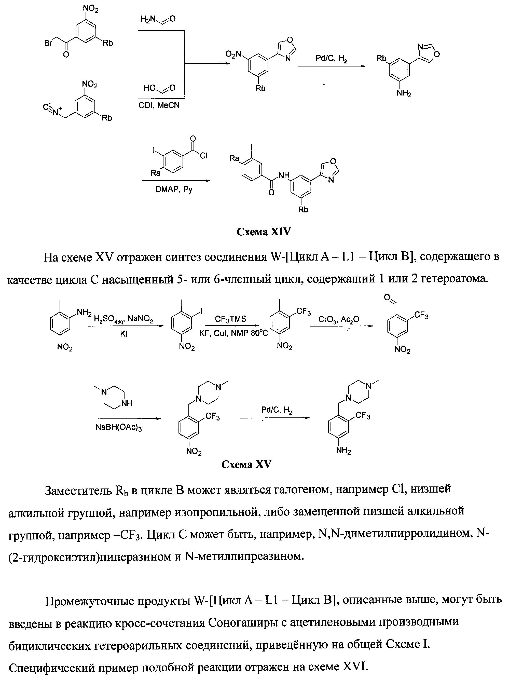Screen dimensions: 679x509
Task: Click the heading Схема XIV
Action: [x=263, y=232]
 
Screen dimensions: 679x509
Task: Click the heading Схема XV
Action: [x=246, y=465]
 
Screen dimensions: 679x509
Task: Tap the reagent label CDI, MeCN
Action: [x=159, y=105]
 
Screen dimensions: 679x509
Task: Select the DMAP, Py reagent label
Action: [x=174, y=189]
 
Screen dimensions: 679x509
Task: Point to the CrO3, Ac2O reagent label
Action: [x=338, y=319]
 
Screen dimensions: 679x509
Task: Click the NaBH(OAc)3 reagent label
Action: [x=118, y=428]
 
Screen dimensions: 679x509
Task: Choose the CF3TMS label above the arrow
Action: [x=230, y=319]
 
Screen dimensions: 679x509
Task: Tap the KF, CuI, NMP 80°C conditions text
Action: [x=233, y=333]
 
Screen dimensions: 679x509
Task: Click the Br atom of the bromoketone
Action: [x=48, y=43]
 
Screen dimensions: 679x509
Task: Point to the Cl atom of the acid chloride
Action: [x=204, y=156]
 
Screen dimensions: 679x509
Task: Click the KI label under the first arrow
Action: [x=124, y=334]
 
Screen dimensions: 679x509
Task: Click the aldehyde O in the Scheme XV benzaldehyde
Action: [x=387, y=297]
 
